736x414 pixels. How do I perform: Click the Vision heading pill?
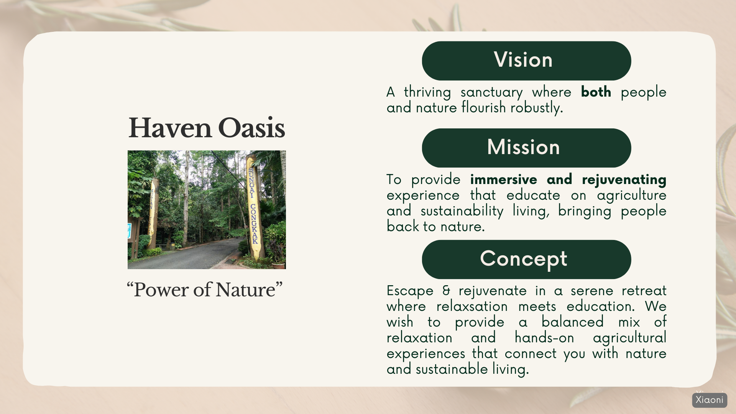[526, 61]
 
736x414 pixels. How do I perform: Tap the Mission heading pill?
[526, 148]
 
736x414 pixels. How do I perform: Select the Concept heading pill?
[526, 260]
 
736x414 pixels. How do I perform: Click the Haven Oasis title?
[207, 128]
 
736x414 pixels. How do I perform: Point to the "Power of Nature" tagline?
[205, 290]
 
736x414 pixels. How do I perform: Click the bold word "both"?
[596, 92]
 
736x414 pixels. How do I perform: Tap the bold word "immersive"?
[504, 179]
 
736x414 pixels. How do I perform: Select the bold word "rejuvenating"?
[624, 180]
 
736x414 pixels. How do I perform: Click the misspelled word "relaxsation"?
[472, 307]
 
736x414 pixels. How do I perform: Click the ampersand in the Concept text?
[446, 291]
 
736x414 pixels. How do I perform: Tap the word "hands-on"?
[544, 338]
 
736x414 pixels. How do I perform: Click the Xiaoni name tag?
[710, 400]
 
